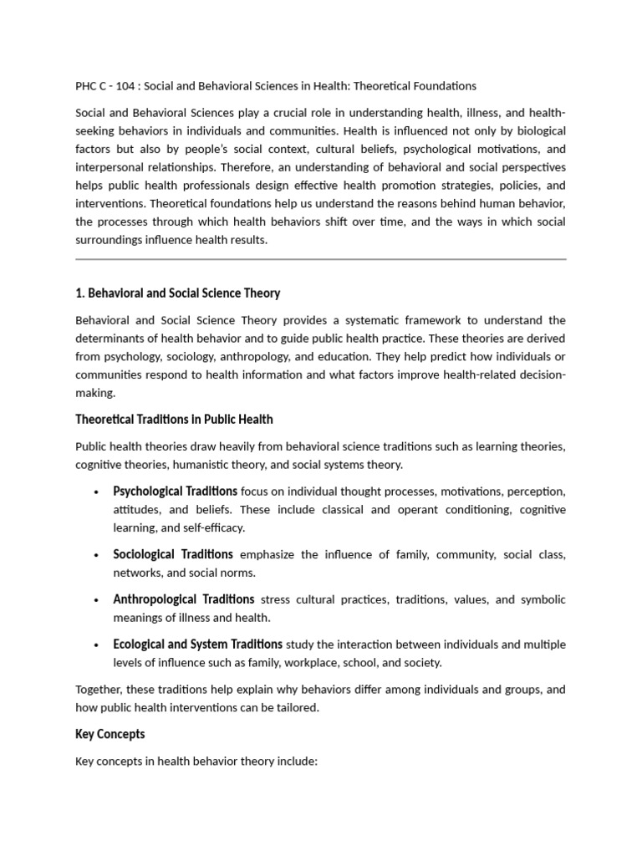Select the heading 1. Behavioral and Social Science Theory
[x=178, y=293]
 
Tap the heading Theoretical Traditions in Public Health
[x=174, y=419]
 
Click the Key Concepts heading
[x=110, y=734]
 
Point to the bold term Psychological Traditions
[x=175, y=491]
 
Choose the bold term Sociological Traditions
[x=173, y=554]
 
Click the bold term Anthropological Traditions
[x=184, y=599]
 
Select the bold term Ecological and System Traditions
[x=197, y=644]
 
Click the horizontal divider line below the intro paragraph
[x=321, y=259]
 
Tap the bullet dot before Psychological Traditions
[x=98, y=492]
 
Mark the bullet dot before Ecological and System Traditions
[x=98, y=645]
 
